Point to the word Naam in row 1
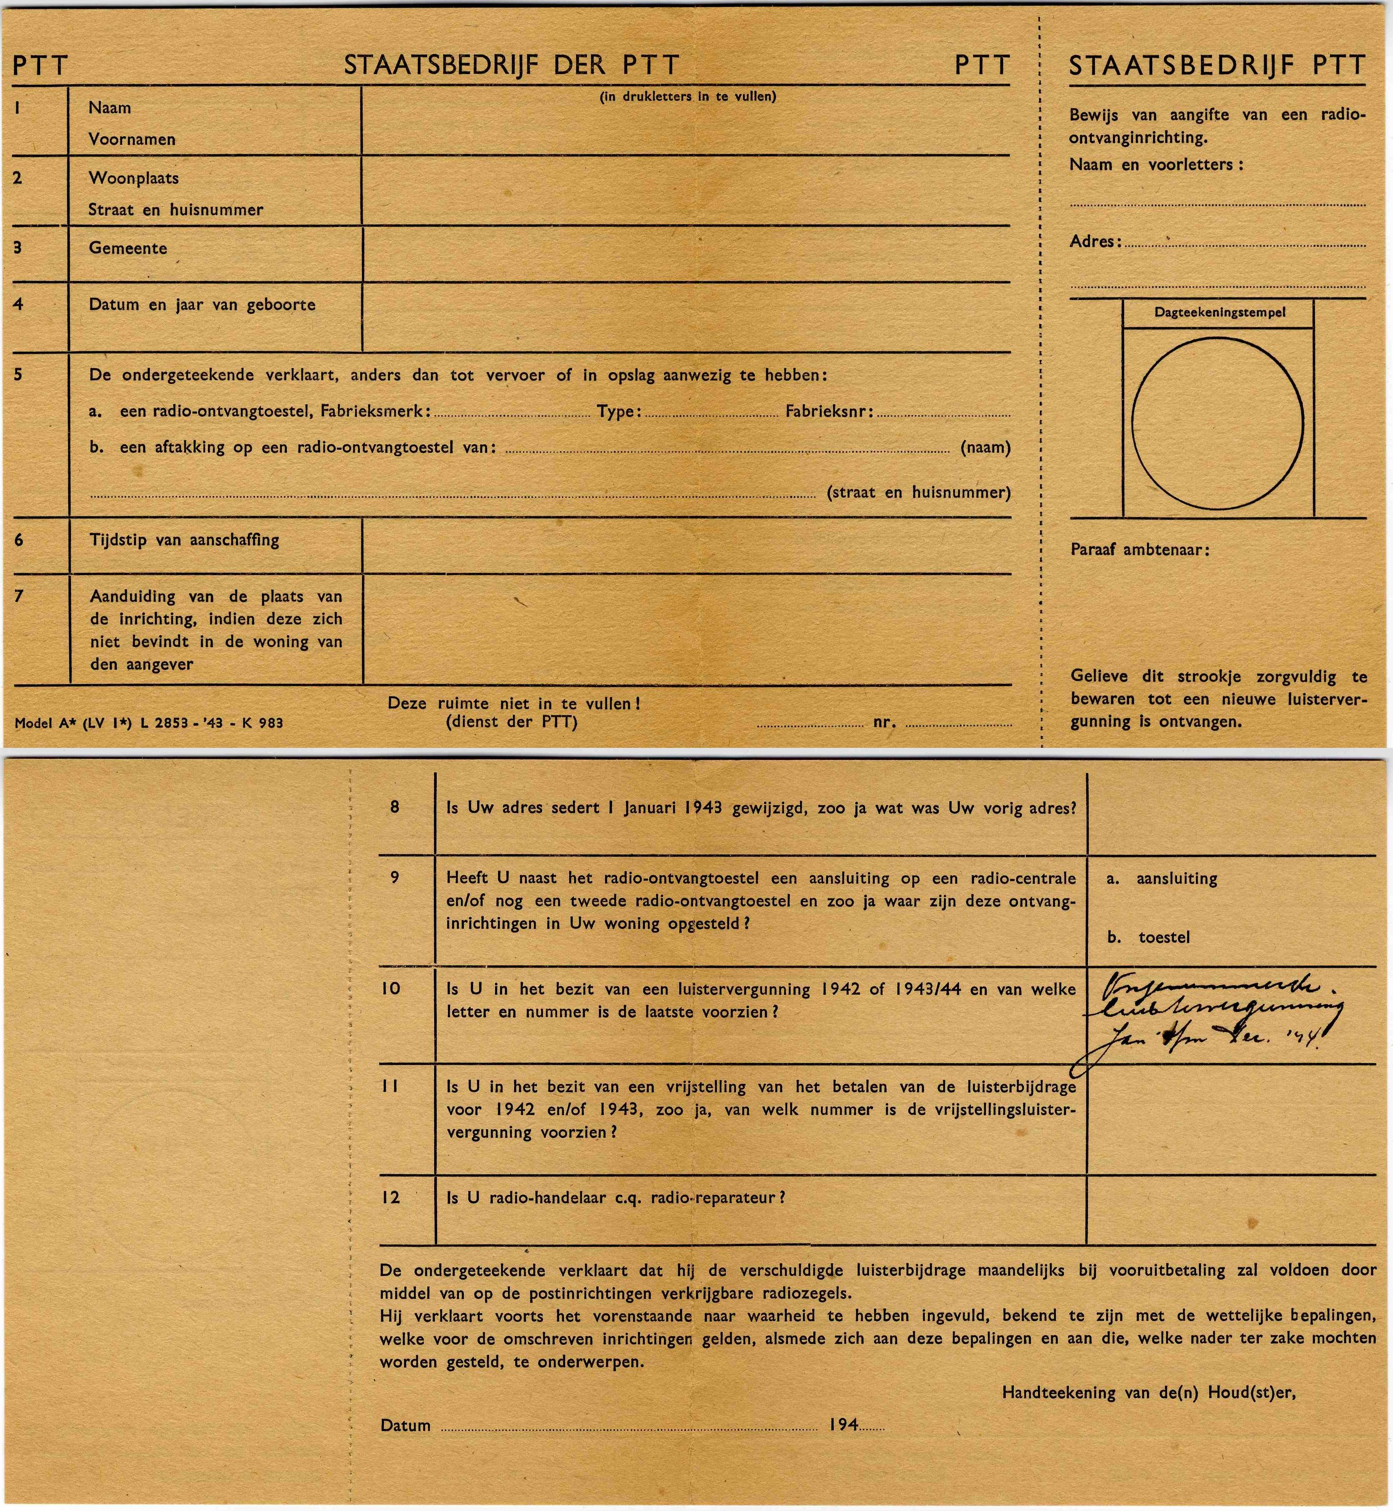coord(109,108)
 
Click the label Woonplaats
coord(133,178)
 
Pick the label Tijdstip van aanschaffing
coord(184,540)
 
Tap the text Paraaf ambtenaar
coord(1139,550)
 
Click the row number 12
coord(391,1198)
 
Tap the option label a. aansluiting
coord(1161,878)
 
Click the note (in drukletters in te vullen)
coord(688,96)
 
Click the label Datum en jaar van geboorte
coord(202,305)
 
